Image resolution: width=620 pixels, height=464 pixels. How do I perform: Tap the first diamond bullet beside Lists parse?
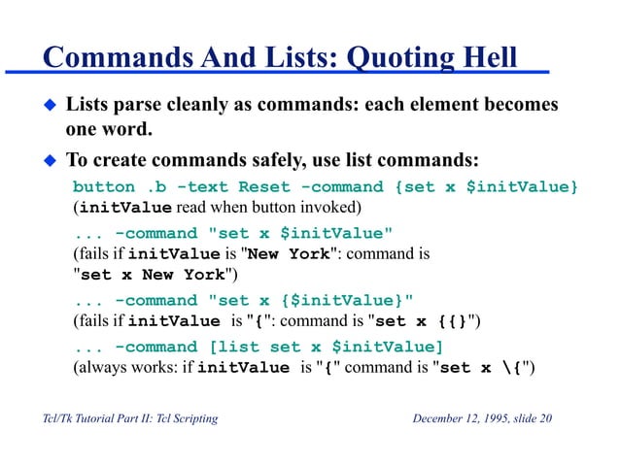[50, 104]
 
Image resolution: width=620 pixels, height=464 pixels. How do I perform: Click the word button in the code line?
[104, 185]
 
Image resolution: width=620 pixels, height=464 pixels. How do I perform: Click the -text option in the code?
[201, 185]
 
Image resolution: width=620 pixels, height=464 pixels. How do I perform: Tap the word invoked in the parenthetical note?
[331, 208]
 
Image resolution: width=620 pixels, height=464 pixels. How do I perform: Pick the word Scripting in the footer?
[189, 419]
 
